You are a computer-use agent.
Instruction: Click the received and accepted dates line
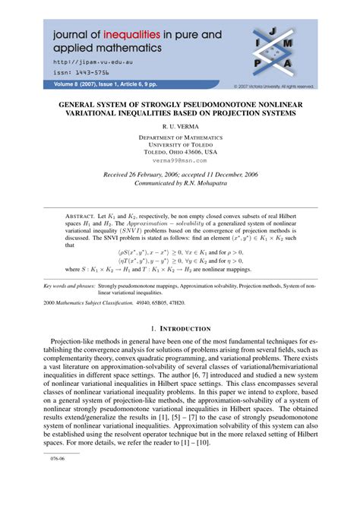pos(179,175)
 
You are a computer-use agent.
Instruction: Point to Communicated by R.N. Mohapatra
pos(179,184)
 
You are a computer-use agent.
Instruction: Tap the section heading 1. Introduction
pos(180,349)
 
